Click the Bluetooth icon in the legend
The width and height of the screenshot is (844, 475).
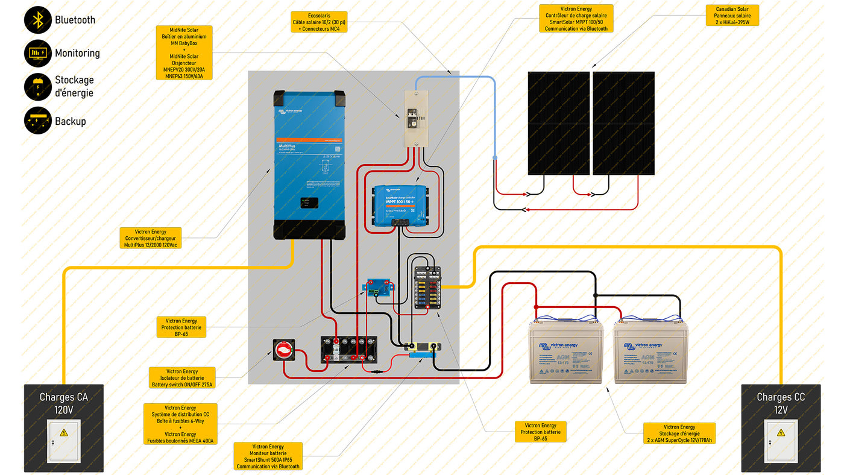37,20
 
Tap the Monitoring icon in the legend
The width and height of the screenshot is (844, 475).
37,53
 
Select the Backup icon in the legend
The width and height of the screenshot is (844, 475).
37,121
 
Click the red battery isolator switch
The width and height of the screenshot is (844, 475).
284,350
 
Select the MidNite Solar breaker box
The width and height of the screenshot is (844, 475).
415,118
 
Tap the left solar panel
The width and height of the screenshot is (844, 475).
558,123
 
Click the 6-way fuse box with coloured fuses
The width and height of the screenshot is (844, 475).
427,289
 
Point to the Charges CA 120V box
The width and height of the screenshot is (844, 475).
63,428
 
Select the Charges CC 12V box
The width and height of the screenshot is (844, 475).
781,428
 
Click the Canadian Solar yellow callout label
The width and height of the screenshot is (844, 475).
732,16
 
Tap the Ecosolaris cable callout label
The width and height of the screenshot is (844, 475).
319,22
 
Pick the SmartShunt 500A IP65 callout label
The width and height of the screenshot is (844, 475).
268,456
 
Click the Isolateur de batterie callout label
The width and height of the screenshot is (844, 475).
182,378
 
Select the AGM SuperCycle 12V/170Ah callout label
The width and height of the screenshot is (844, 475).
679,433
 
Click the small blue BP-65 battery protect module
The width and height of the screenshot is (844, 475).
380,288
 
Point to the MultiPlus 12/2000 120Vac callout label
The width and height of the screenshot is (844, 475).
150,238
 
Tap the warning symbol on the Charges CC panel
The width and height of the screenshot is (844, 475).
781,432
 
